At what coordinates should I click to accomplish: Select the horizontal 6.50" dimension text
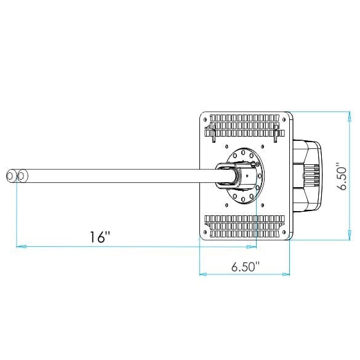coord(245,266)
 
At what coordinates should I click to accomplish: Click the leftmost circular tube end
coord(12,177)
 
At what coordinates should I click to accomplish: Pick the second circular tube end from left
coord(22,177)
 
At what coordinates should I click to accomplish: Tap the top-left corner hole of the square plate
coord(206,117)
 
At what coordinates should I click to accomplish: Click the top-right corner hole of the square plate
coord(284,117)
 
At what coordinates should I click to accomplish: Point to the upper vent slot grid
coord(244,126)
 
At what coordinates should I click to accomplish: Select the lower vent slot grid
coord(244,226)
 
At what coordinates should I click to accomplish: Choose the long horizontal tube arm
coord(117,177)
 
